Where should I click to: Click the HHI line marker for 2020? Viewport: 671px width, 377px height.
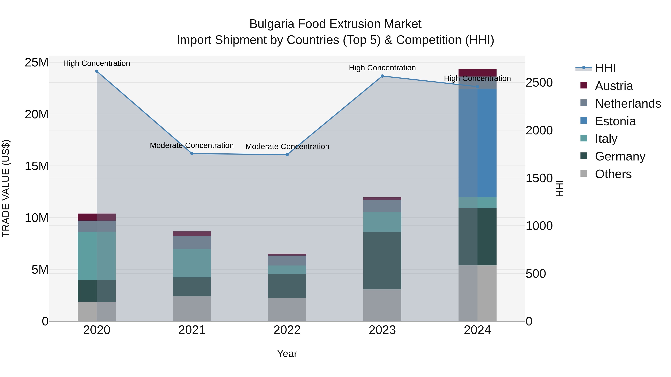97,71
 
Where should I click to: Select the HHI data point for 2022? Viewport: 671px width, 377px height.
287,155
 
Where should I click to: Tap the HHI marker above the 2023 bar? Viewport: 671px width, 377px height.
382,76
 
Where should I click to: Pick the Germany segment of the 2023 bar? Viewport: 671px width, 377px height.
382,261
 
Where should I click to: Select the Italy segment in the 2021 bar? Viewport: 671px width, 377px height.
192,263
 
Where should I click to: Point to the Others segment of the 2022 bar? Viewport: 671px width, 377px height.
287,309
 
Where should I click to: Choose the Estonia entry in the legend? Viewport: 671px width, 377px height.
615,121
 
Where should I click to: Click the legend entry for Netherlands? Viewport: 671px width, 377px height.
628,104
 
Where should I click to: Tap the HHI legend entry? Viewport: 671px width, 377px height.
605,68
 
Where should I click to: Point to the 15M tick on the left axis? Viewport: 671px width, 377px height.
37,166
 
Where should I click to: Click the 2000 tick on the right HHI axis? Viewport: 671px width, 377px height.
539,130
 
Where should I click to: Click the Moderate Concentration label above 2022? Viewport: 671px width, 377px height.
287,147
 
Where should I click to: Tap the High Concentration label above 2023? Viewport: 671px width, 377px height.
382,68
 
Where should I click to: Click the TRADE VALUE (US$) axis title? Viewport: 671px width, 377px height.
6,188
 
